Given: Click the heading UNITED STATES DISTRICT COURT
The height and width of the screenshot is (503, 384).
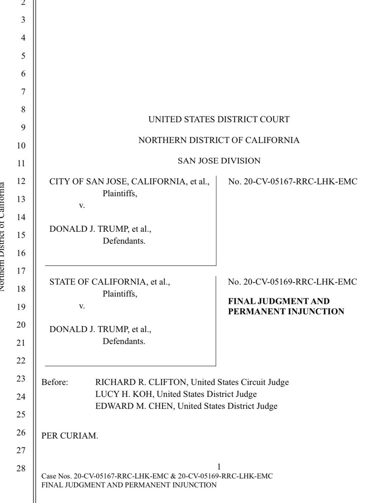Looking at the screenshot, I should [218, 119].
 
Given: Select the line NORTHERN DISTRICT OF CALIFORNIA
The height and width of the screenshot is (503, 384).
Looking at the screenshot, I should [219, 140].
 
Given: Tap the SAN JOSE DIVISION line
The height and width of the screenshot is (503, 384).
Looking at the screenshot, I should [219, 161].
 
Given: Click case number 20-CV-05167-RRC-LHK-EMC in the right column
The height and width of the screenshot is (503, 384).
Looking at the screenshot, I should [293, 182].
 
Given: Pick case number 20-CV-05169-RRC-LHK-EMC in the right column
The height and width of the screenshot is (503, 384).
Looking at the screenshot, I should [293, 282].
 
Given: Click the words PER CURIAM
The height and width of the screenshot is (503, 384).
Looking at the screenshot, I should [70, 436].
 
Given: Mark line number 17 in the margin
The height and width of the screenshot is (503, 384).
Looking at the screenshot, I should [21, 271].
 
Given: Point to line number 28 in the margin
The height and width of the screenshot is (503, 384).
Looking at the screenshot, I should [21, 468].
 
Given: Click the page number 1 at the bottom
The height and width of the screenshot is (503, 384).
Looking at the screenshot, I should [219, 467].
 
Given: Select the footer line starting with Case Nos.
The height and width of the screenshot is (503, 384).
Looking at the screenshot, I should [158, 477].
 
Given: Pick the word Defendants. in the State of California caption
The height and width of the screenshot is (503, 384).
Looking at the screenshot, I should [124, 342].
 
